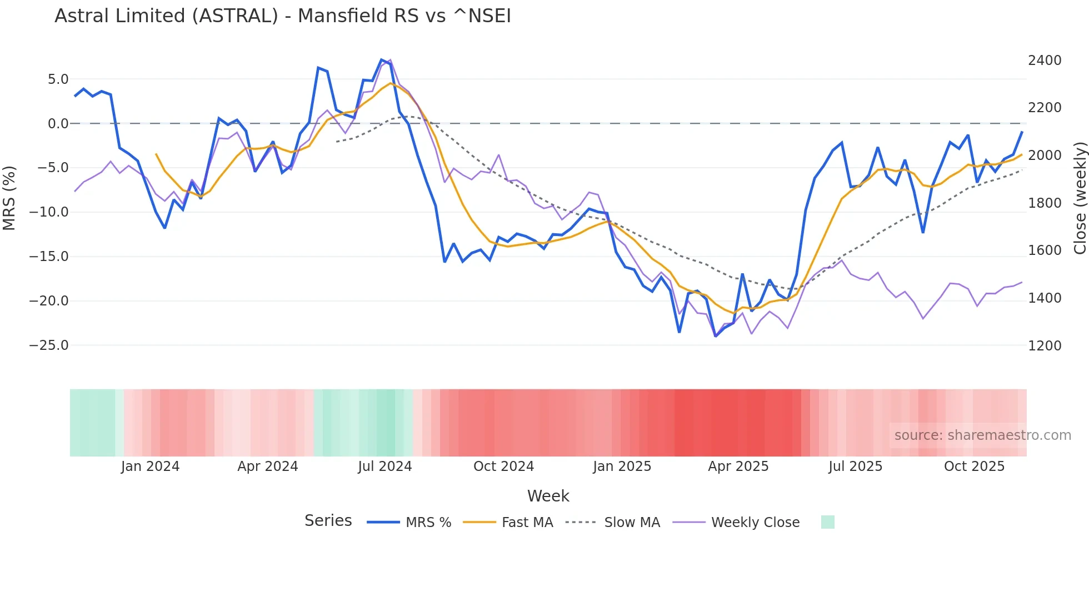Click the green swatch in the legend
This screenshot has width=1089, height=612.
pyautogui.click(x=827, y=522)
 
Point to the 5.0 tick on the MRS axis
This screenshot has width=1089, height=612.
pyautogui.click(x=58, y=79)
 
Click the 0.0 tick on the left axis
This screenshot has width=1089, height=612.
pyautogui.click(x=58, y=124)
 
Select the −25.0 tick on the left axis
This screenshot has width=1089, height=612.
pyautogui.click(x=49, y=345)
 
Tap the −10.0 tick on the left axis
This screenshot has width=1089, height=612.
pyautogui.click(x=49, y=212)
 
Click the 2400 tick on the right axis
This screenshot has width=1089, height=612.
pyautogui.click(x=1045, y=61)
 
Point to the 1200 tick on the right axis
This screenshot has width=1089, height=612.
pyautogui.click(x=1045, y=346)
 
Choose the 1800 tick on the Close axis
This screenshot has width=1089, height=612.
pyautogui.click(x=1045, y=203)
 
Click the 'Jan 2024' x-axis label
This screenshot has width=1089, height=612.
pyautogui.click(x=150, y=466)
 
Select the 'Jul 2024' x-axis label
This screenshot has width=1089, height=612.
pyautogui.click(x=384, y=466)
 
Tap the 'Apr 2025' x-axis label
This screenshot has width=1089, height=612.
pyautogui.click(x=738, y=466)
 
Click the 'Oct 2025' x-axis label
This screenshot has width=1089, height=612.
pyautogui.click(x=974, y=466)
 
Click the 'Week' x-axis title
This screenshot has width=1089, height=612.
pyautogui.click(x=548, y=496)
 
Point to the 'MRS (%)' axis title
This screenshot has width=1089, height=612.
pyautogui.click(x=9, y=198)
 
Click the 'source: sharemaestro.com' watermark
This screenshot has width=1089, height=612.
pyautogui.click(x=982, y=435)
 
